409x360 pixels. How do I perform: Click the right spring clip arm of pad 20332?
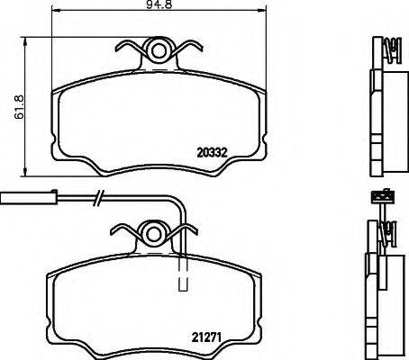tap(192, 52)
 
